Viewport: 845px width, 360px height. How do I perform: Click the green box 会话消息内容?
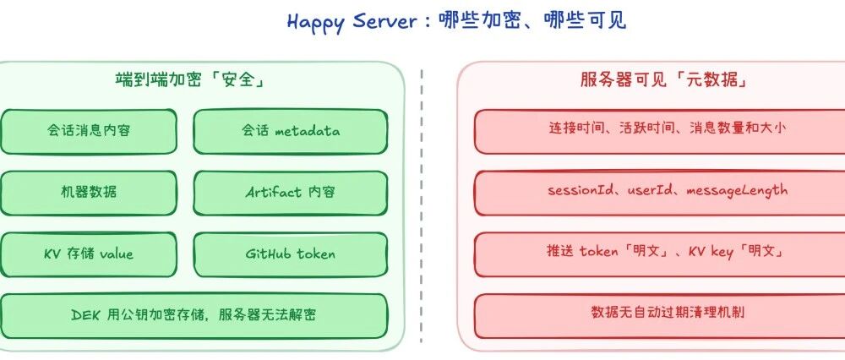click(89, 131)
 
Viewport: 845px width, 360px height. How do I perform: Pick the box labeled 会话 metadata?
click(291, 131)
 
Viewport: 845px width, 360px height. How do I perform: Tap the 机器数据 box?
click(89, 192)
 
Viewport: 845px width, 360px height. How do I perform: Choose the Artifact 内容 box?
click(291, 192)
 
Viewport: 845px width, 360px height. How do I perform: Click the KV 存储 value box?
click(89, 254)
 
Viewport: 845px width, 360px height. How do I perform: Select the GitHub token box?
click(291, 254)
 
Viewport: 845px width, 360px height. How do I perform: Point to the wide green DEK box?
click(194, 315)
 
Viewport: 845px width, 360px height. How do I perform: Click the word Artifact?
click(273, 192)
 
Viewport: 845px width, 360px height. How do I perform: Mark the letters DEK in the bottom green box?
click(86, 315)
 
